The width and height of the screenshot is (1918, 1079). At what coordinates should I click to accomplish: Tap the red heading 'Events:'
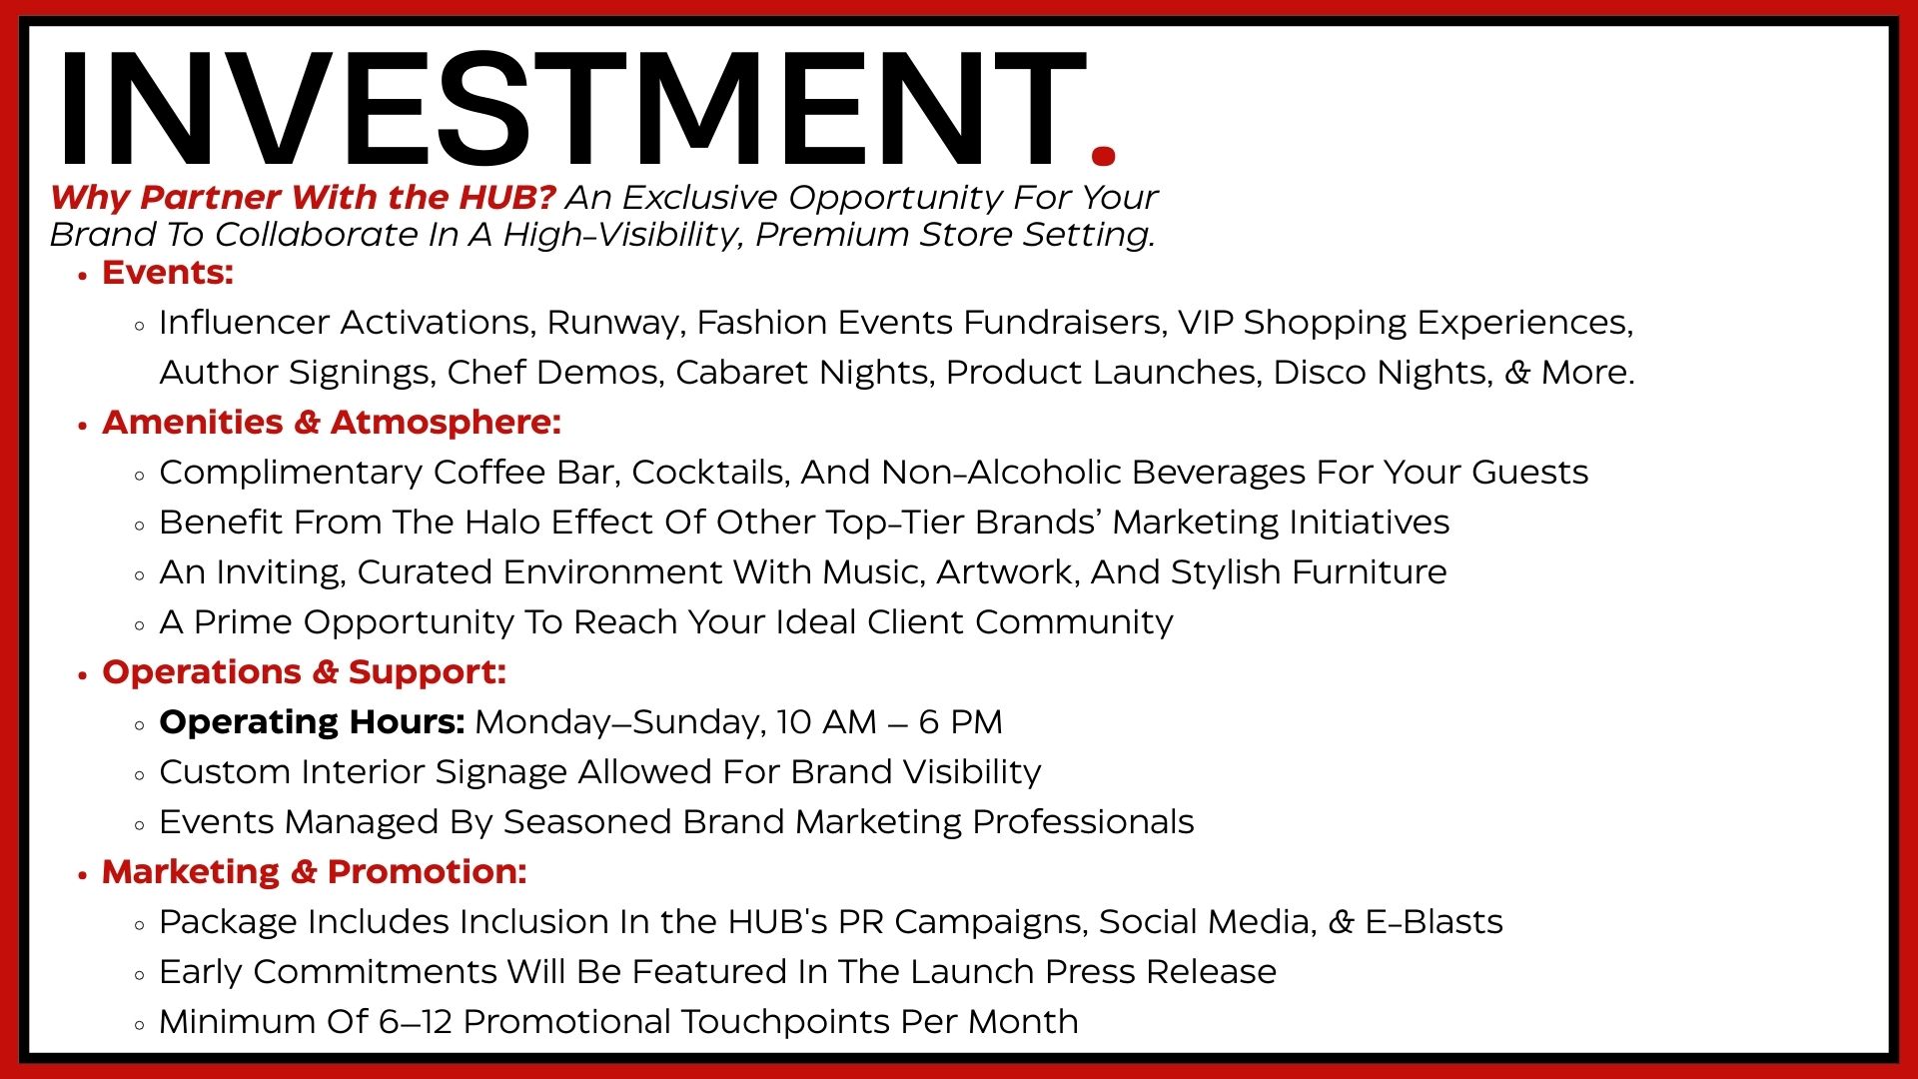(168, 272)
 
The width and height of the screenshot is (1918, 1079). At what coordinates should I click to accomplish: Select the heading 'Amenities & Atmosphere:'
(332, 422)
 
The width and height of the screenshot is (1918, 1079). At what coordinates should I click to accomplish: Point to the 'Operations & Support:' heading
(304, 672)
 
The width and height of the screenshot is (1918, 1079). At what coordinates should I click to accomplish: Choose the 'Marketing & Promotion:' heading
(314, 871)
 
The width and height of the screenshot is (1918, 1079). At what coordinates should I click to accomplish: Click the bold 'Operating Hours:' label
(312, 722)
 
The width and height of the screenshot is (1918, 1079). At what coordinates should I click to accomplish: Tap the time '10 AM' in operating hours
(826, 721)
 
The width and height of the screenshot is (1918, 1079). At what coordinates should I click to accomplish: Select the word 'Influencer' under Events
(245, 322)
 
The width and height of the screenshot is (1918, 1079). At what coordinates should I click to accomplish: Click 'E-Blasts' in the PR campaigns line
(1434, 921)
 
